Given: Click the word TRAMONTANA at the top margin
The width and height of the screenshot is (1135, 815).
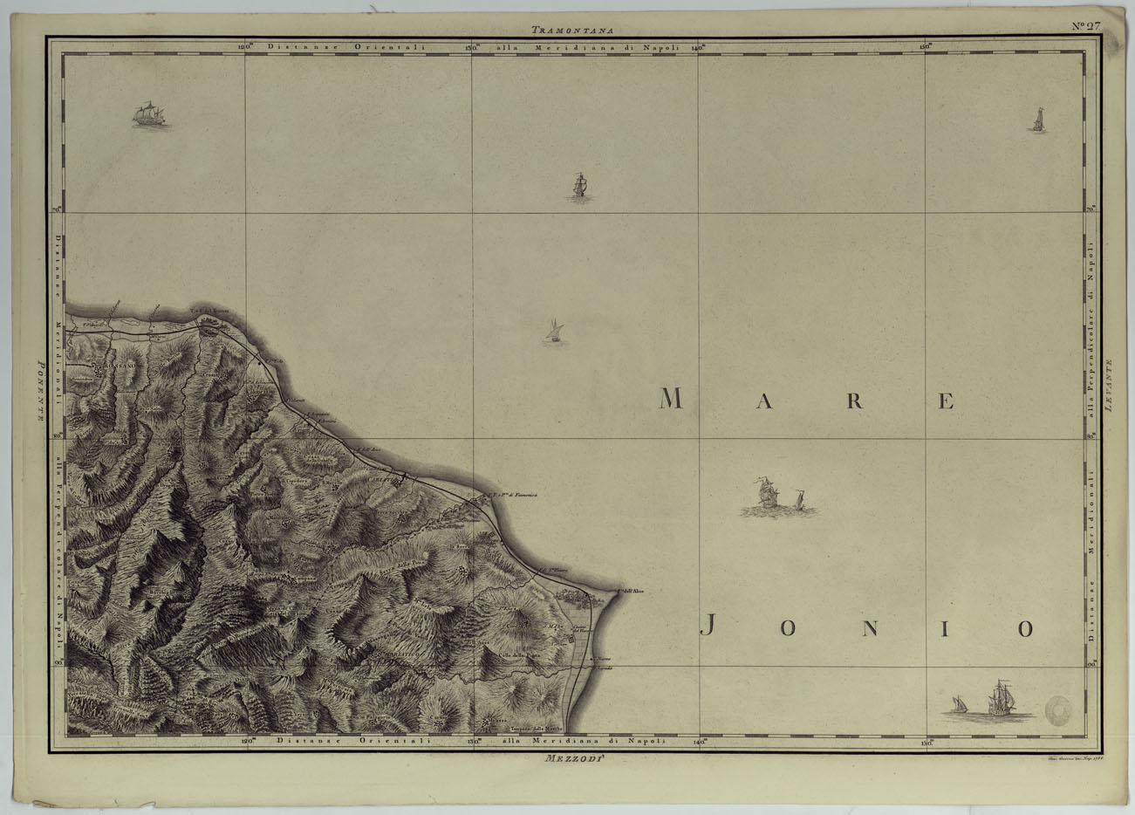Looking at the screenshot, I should [x=572, y=29].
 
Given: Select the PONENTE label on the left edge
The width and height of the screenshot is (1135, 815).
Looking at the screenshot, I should [x=39, y=392].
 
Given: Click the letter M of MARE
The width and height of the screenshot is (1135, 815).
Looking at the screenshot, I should [x=670, y=400].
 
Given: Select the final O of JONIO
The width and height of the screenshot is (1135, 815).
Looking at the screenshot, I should [x=1024, y=628].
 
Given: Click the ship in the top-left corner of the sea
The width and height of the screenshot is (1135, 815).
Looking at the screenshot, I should [x=149, y=115].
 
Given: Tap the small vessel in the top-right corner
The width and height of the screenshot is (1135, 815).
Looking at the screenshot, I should [x=1037, y=120].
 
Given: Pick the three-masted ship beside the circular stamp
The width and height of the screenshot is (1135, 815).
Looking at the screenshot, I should [x=1001, y=699].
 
